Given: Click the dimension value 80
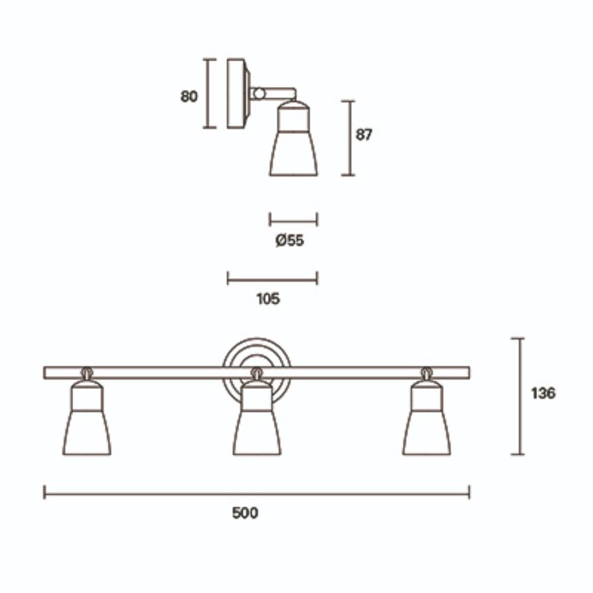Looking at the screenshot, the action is point(189,97).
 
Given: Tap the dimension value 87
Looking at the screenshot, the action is point(364,135).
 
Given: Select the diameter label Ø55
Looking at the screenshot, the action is point(290,241).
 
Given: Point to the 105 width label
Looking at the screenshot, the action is point(268,299).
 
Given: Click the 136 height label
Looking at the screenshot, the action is point(543,393).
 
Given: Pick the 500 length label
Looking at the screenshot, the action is point(245,513).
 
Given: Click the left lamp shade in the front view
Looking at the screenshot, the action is point(87,432).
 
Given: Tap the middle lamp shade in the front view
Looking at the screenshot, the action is point(257,432).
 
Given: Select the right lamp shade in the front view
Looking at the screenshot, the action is point(426,432).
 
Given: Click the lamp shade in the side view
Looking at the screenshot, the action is point(294,153).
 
